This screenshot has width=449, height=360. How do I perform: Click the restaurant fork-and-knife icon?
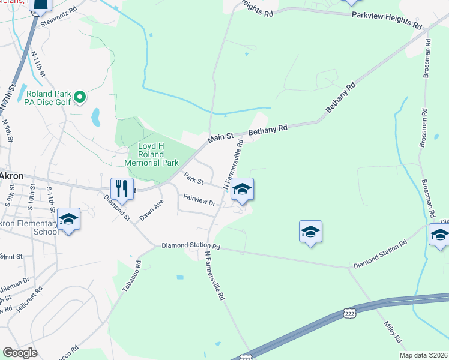(122, 188)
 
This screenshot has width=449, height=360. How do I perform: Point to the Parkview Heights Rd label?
(387, 19)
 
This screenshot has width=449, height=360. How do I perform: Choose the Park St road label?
(194, 178)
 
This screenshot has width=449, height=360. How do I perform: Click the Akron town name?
(11, 176)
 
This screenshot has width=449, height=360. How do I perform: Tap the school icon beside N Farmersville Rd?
(242, 189)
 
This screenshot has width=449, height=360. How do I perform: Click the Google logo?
(20, 352)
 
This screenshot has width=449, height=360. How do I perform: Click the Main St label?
(220, 138)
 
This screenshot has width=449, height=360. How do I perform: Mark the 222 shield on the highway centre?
(349, 313)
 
